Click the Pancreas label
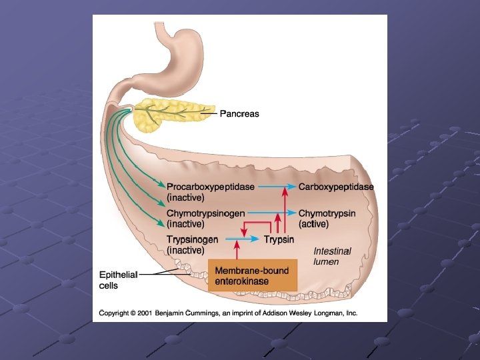pyautogui.click(x=240, y=114)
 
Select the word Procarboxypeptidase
pyautogui.click(x=210, y=187)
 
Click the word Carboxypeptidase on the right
pyautogui.click(x=336, y=187)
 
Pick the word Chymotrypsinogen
pyautogui.click(x=205, y=213)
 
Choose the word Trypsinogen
pyautogui.click(x=193, y=239)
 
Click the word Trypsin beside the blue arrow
pyautogui.click(x=279, y=239)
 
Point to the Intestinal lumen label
pyautogui.click(x=332, y=257)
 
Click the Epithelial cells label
pyautogui.click(x=117, y=280)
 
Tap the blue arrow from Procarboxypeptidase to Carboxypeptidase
pyautogui.click(x=276, y=187)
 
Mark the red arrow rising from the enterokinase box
pyautogui.click(x=237, y=251)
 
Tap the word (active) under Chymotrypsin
pyautogui.click(x=313, y=224)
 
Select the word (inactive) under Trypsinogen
pyautogui.click(x=185, y=250)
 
